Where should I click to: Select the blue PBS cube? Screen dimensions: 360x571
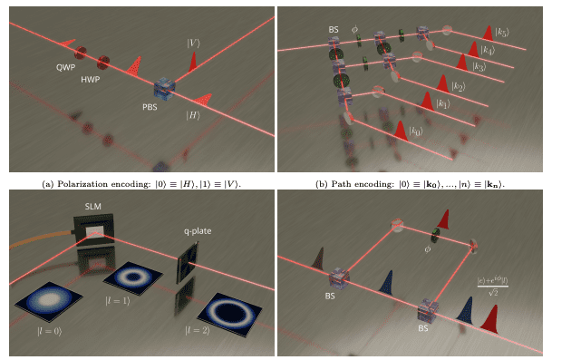coord(164,89)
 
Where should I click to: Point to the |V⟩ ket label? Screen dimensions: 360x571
coord(193,41)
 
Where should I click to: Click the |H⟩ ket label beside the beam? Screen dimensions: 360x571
coord(194,115)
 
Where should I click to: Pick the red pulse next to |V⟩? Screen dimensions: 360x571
coord(192,62)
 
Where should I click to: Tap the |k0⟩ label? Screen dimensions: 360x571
coord(415,133)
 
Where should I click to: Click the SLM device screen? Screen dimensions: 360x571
coord(92,234)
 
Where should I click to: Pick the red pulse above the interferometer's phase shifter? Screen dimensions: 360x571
coord(444,220)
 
